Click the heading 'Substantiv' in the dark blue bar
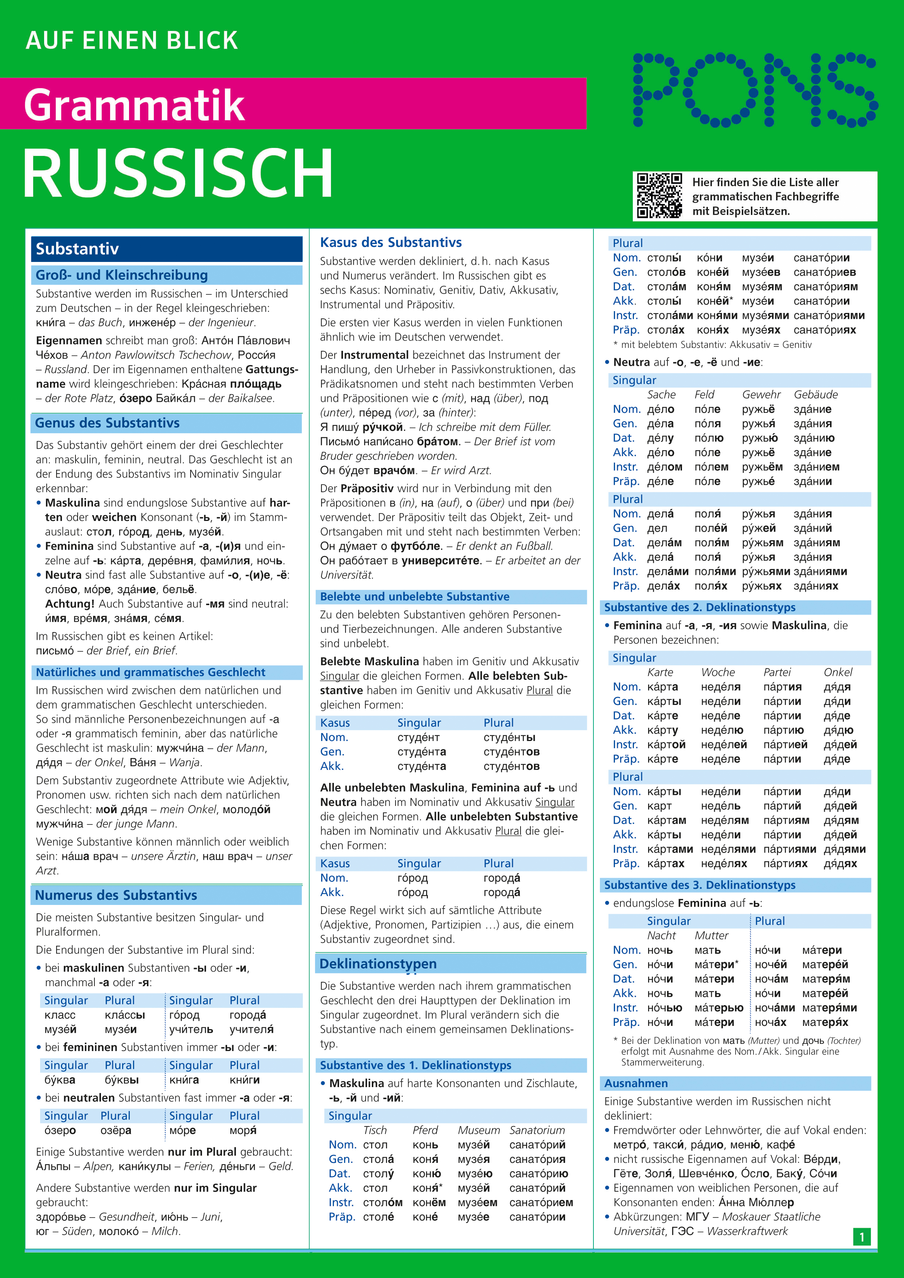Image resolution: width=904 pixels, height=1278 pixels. (x=77, y=249)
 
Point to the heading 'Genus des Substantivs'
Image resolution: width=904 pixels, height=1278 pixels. (x=108, y=423)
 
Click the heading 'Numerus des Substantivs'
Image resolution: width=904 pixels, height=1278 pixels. (x=116, y=895)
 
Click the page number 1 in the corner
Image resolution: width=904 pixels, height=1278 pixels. (x=862, y=1237)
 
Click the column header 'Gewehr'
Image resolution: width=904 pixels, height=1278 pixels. (x=761, y=395)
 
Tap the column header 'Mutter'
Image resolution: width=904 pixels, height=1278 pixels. (x=711, y=936)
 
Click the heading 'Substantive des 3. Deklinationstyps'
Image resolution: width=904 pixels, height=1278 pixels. (x=700, y=885)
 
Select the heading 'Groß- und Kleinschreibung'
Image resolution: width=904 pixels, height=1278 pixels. (x=121, y=275)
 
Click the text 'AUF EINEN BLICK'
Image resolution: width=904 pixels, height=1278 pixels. (x=132, y=41)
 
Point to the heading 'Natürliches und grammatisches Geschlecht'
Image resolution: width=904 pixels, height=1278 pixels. (x=151, y=673)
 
